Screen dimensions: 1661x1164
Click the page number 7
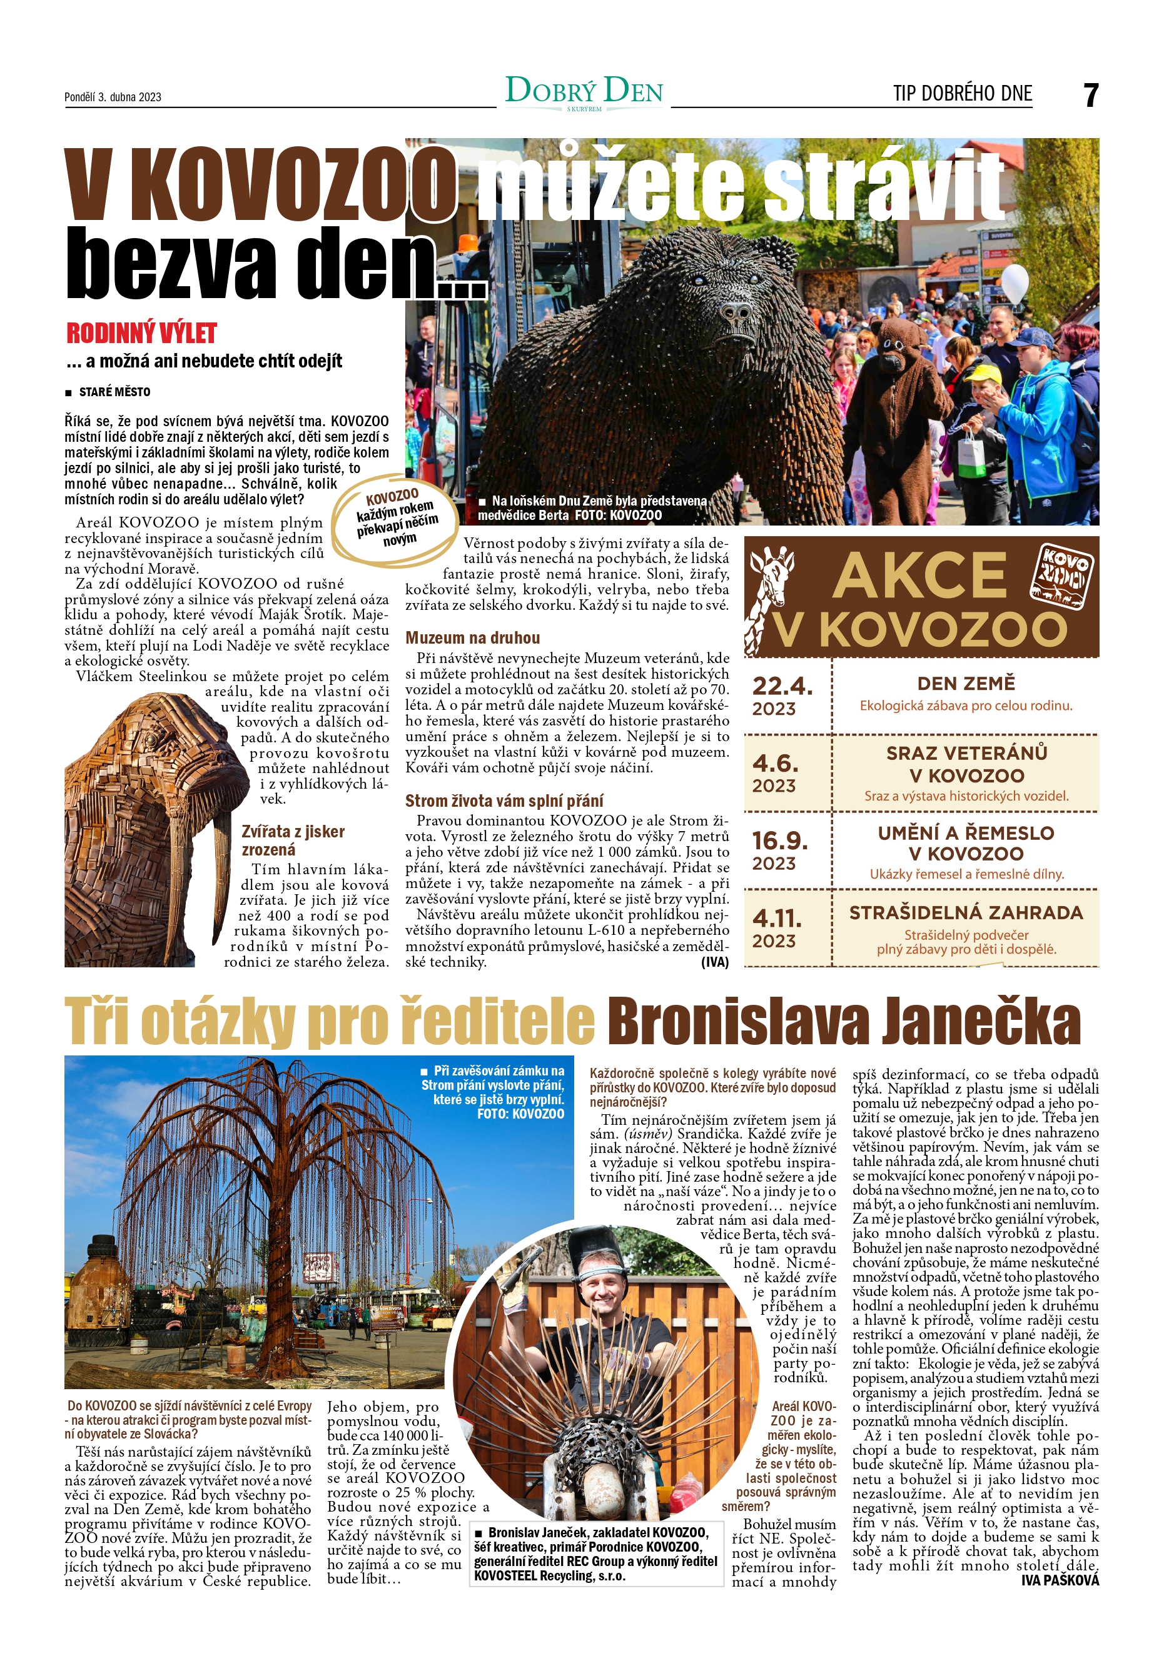point(1090,96)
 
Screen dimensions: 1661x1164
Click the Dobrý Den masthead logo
point(584,92)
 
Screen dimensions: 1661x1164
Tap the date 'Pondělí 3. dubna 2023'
point(113,97)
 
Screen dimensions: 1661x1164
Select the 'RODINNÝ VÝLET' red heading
point(142,334)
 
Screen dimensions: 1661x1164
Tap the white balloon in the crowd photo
point(1014,283)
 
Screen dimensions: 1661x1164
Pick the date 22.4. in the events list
point(782,686)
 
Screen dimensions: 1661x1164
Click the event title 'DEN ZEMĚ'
point(966,684)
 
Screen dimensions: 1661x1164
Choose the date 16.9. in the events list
point(779,840)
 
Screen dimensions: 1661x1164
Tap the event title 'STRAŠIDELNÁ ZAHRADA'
point(966,913)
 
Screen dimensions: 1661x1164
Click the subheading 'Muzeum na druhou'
point(472,638)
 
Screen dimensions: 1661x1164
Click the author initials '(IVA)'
point(714,962)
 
